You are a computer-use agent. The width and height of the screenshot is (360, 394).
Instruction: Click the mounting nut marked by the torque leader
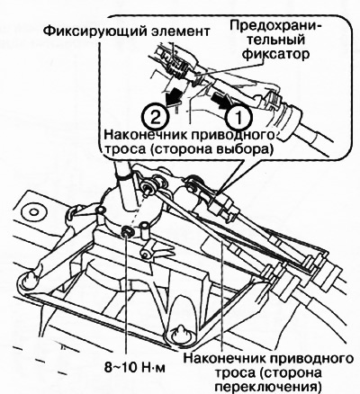[x=129, y=235]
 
